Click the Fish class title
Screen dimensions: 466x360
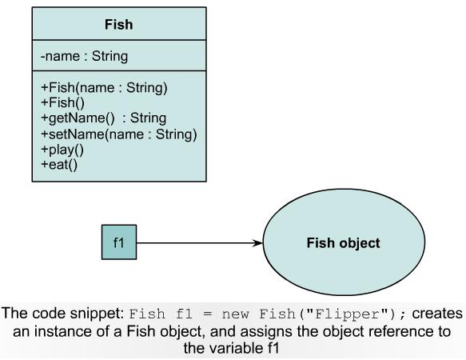[x=118, y=24]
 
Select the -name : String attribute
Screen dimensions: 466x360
[x=84, y=56]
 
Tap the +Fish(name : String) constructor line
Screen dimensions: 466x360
[x=104, y=88]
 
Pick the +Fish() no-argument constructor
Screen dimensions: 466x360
[x=62, y=102]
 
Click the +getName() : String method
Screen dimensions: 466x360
[x=103, y=118]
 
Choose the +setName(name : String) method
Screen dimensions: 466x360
[x=119, y=134]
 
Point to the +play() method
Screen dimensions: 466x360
[x=62, y=150]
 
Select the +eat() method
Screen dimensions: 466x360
[x=59, y=165]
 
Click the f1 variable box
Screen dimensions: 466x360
[x=119, y=242]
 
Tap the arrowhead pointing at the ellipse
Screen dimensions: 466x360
[x=257, y=242]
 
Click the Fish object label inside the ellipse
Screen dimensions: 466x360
[x=343, y=242]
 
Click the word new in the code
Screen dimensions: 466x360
[x=235, y=314]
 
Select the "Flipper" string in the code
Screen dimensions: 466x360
[x=345, y=314]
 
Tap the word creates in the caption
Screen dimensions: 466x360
[x=437, y=314]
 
